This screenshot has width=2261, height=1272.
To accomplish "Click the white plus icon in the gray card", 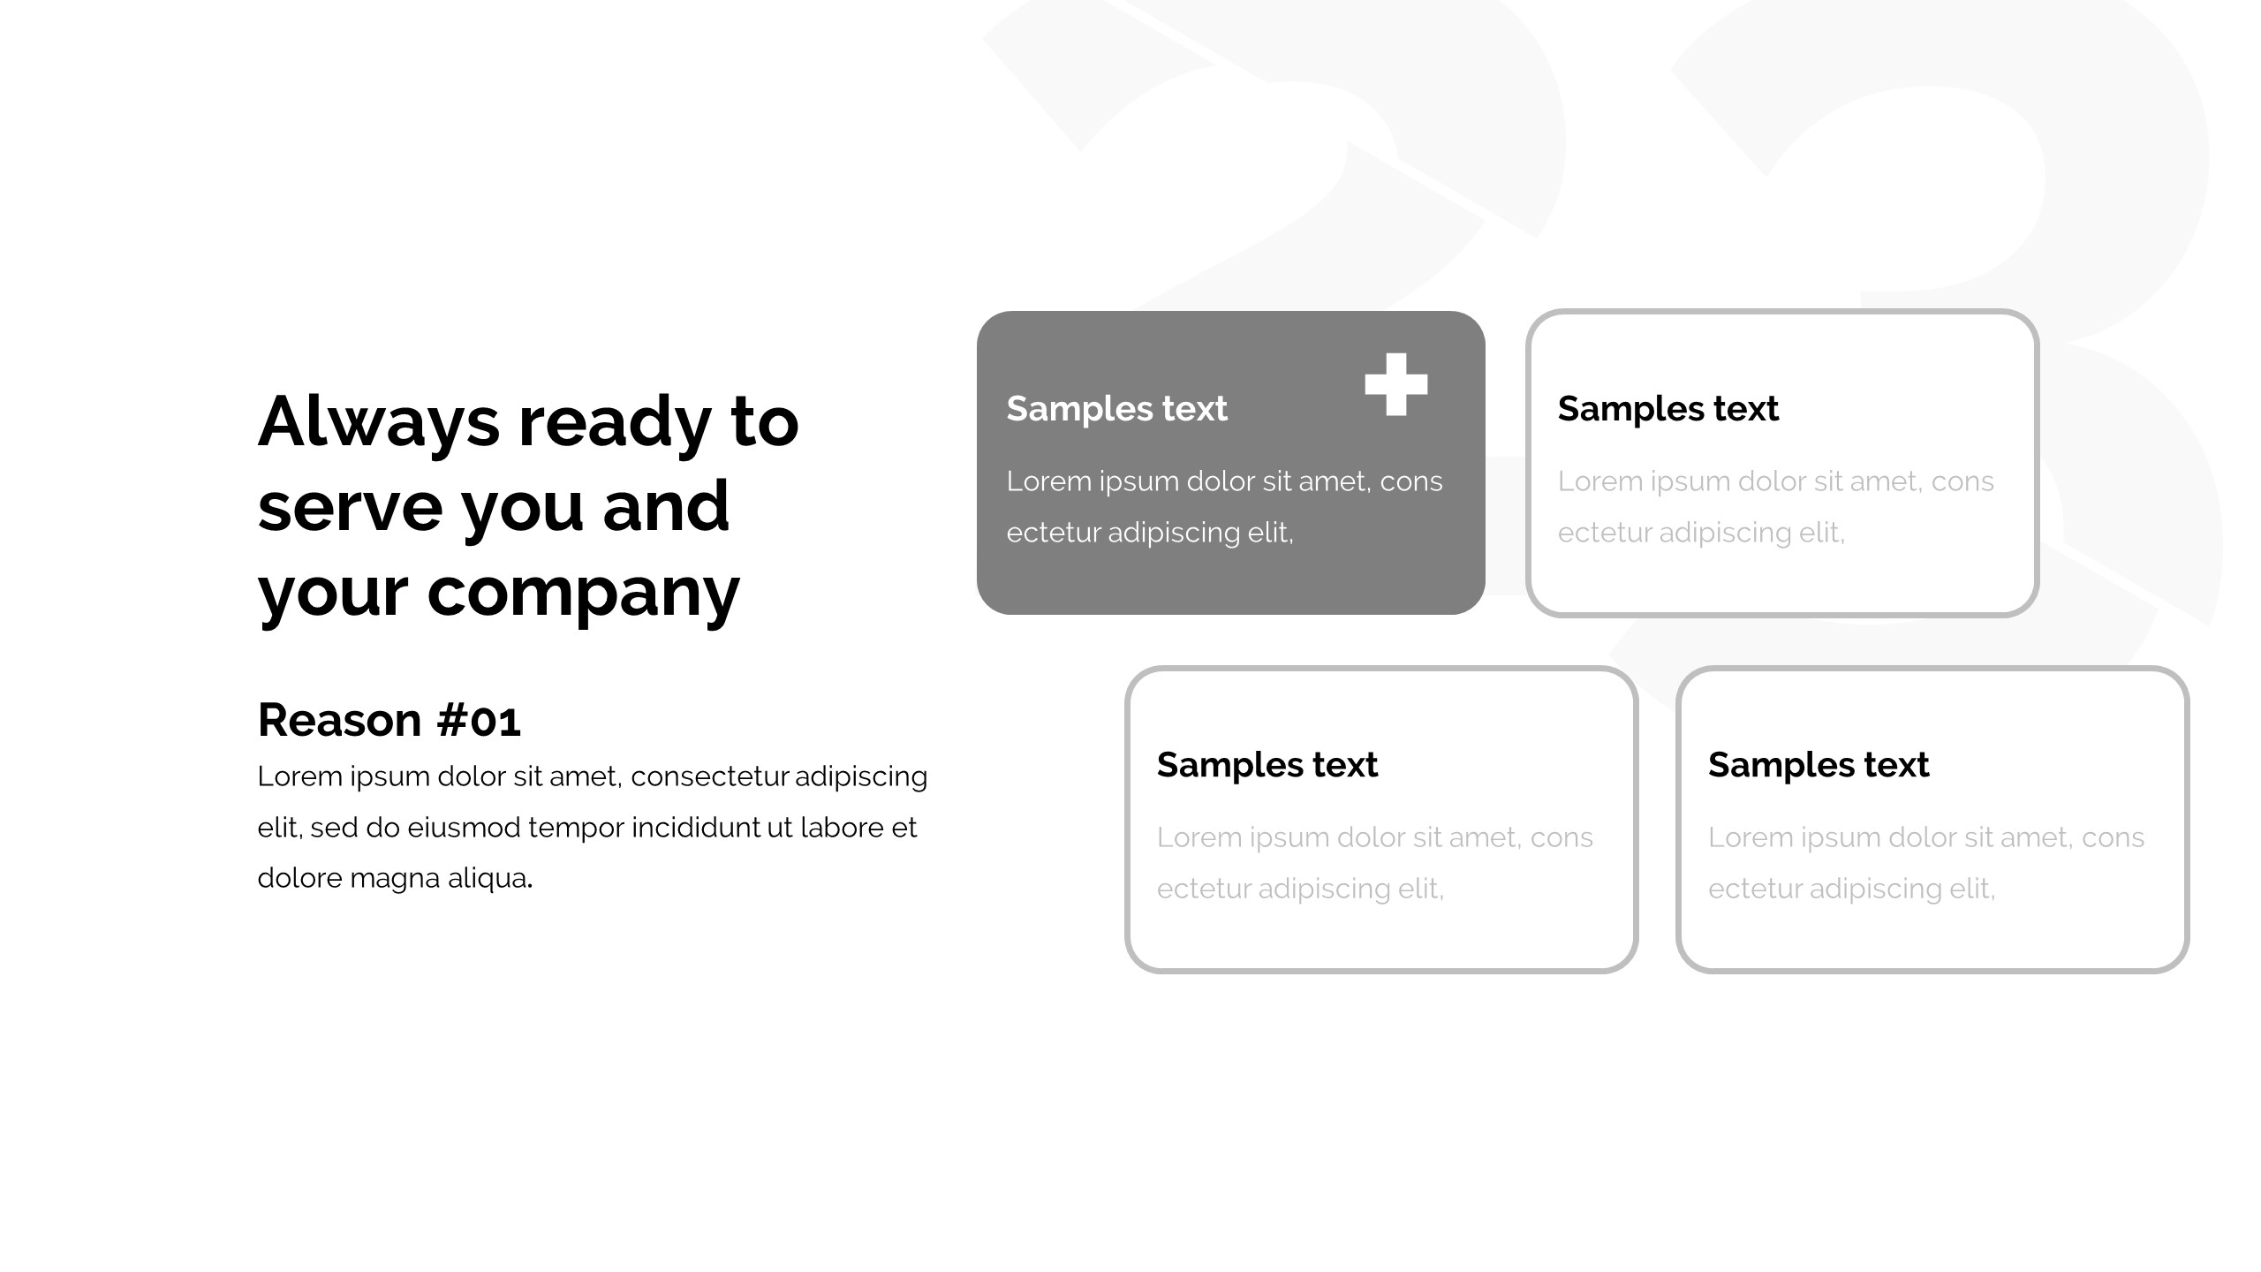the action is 1395,384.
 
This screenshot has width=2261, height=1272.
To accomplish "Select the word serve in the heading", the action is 350,507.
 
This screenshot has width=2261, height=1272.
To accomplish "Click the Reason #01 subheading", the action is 389,720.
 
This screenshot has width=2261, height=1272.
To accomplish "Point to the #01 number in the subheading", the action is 480,720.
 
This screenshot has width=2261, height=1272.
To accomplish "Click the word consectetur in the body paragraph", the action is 709,776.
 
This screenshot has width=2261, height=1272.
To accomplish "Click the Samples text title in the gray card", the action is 1116,409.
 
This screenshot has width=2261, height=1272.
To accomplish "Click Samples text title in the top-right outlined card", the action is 1667,409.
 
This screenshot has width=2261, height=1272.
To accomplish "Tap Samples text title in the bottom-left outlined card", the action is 1267,765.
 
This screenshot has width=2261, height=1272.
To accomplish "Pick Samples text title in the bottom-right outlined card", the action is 1818,765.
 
